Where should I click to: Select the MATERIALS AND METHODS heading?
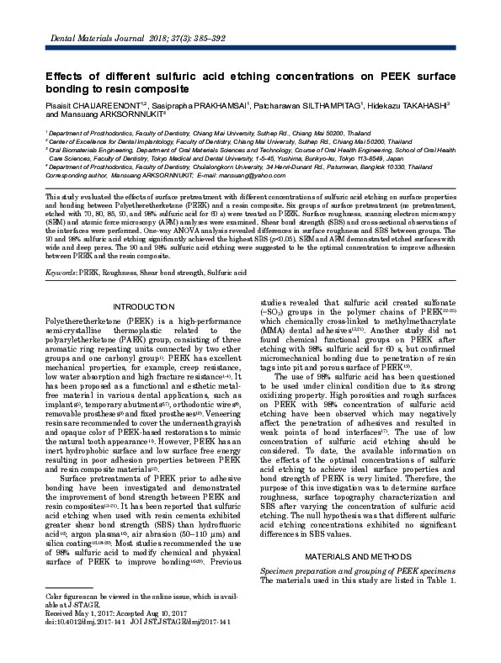(363, 533)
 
